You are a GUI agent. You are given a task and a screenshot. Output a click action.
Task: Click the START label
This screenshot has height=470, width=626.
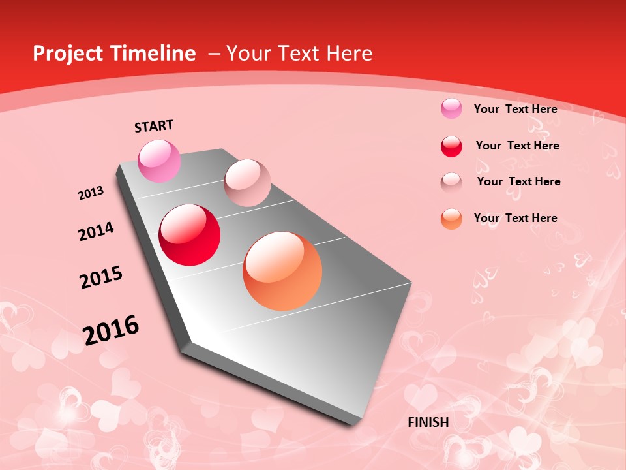(154, 126)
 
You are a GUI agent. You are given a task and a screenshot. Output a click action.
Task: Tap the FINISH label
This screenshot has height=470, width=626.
(428, 422)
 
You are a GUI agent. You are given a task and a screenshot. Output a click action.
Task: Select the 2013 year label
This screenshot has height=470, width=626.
(91, 193)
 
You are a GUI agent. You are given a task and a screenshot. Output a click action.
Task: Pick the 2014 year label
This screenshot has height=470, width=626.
(96, 232)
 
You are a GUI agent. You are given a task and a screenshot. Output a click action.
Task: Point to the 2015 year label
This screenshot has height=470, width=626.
(101, 277)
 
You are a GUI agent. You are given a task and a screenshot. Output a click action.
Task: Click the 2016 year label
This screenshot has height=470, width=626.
(111, 330)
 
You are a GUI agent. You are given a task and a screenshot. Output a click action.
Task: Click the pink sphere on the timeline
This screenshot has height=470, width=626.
(159, 161)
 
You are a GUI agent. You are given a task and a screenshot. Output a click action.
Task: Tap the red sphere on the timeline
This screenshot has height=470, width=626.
(190, 235)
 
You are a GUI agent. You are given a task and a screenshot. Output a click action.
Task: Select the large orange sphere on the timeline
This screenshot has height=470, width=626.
(282, 271)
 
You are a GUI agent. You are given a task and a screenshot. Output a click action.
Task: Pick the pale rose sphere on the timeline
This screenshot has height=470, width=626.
(247, 183)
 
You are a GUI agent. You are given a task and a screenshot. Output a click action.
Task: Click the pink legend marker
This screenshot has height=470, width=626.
(451, 108)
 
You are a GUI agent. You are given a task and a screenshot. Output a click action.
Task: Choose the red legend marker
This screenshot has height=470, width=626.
(451, 146)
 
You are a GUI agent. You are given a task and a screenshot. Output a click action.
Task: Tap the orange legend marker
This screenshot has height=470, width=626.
(451, 219)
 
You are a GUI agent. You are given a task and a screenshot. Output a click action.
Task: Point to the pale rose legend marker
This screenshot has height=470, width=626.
(451, 182)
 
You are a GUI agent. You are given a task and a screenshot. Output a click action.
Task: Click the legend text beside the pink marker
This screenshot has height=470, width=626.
(515, 109)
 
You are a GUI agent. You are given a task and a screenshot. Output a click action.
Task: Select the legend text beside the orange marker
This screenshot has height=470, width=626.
(515, 218)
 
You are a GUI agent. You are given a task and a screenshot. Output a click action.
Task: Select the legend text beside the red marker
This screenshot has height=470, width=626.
(517, 146)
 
